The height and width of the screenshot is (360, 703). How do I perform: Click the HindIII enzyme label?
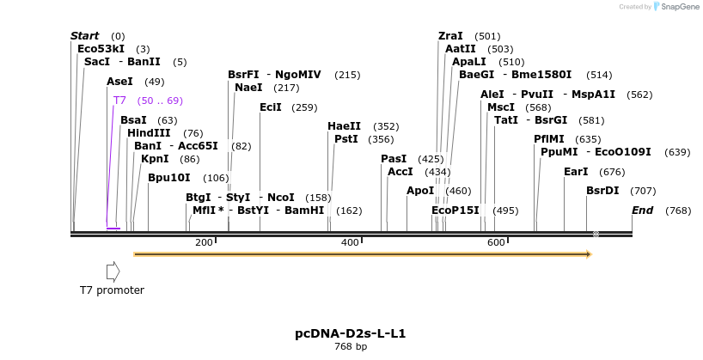click(149, 133)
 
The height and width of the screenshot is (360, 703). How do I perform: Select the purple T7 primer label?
click(119, 101)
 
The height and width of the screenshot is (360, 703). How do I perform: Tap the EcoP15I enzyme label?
click(455, 211)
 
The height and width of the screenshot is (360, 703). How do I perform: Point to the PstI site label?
click(346, 139)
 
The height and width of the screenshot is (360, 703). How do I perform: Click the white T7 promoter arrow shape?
click(113, 272)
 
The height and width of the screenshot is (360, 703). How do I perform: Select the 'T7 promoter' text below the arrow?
click(112, 290)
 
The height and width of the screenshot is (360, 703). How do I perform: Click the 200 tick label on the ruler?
click(204, 242)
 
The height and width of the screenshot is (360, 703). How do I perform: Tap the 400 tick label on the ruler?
click(350, 242)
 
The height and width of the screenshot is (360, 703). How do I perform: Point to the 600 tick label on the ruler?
click(496, 242)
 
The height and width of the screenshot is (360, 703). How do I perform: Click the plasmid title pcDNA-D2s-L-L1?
click(351, 333)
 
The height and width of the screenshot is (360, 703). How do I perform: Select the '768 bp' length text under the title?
click(351, 346)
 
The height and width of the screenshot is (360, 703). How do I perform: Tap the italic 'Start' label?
click(85, 36)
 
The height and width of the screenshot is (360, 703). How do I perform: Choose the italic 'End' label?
click(643, 211)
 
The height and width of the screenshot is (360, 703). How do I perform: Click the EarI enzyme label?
click(576, 172)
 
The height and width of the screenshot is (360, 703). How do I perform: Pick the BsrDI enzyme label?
click(602, 191)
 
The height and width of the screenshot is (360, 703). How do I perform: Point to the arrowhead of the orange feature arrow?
click(590, 254)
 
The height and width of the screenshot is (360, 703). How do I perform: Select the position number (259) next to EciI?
click(304, 107)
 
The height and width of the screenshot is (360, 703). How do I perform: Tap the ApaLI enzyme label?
click(469, 62)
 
